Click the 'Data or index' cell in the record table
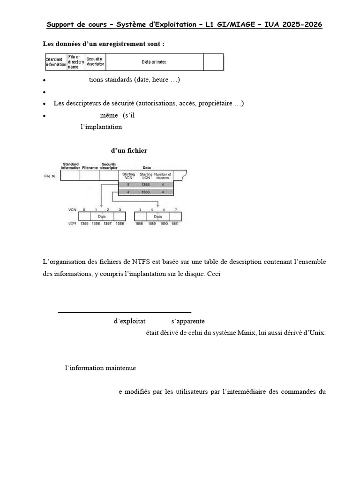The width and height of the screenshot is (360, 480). tap(154, 62)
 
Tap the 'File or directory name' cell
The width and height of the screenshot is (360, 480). tap(75, 62)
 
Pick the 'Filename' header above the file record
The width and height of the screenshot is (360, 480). tap(90, 167)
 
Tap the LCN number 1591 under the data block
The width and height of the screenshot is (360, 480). tap(175, 224)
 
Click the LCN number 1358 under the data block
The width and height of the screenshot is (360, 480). tap(120, 224)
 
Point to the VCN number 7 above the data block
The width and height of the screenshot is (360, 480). tap(175, 209)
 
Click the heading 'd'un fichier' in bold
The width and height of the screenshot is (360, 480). tap(129, 150)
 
